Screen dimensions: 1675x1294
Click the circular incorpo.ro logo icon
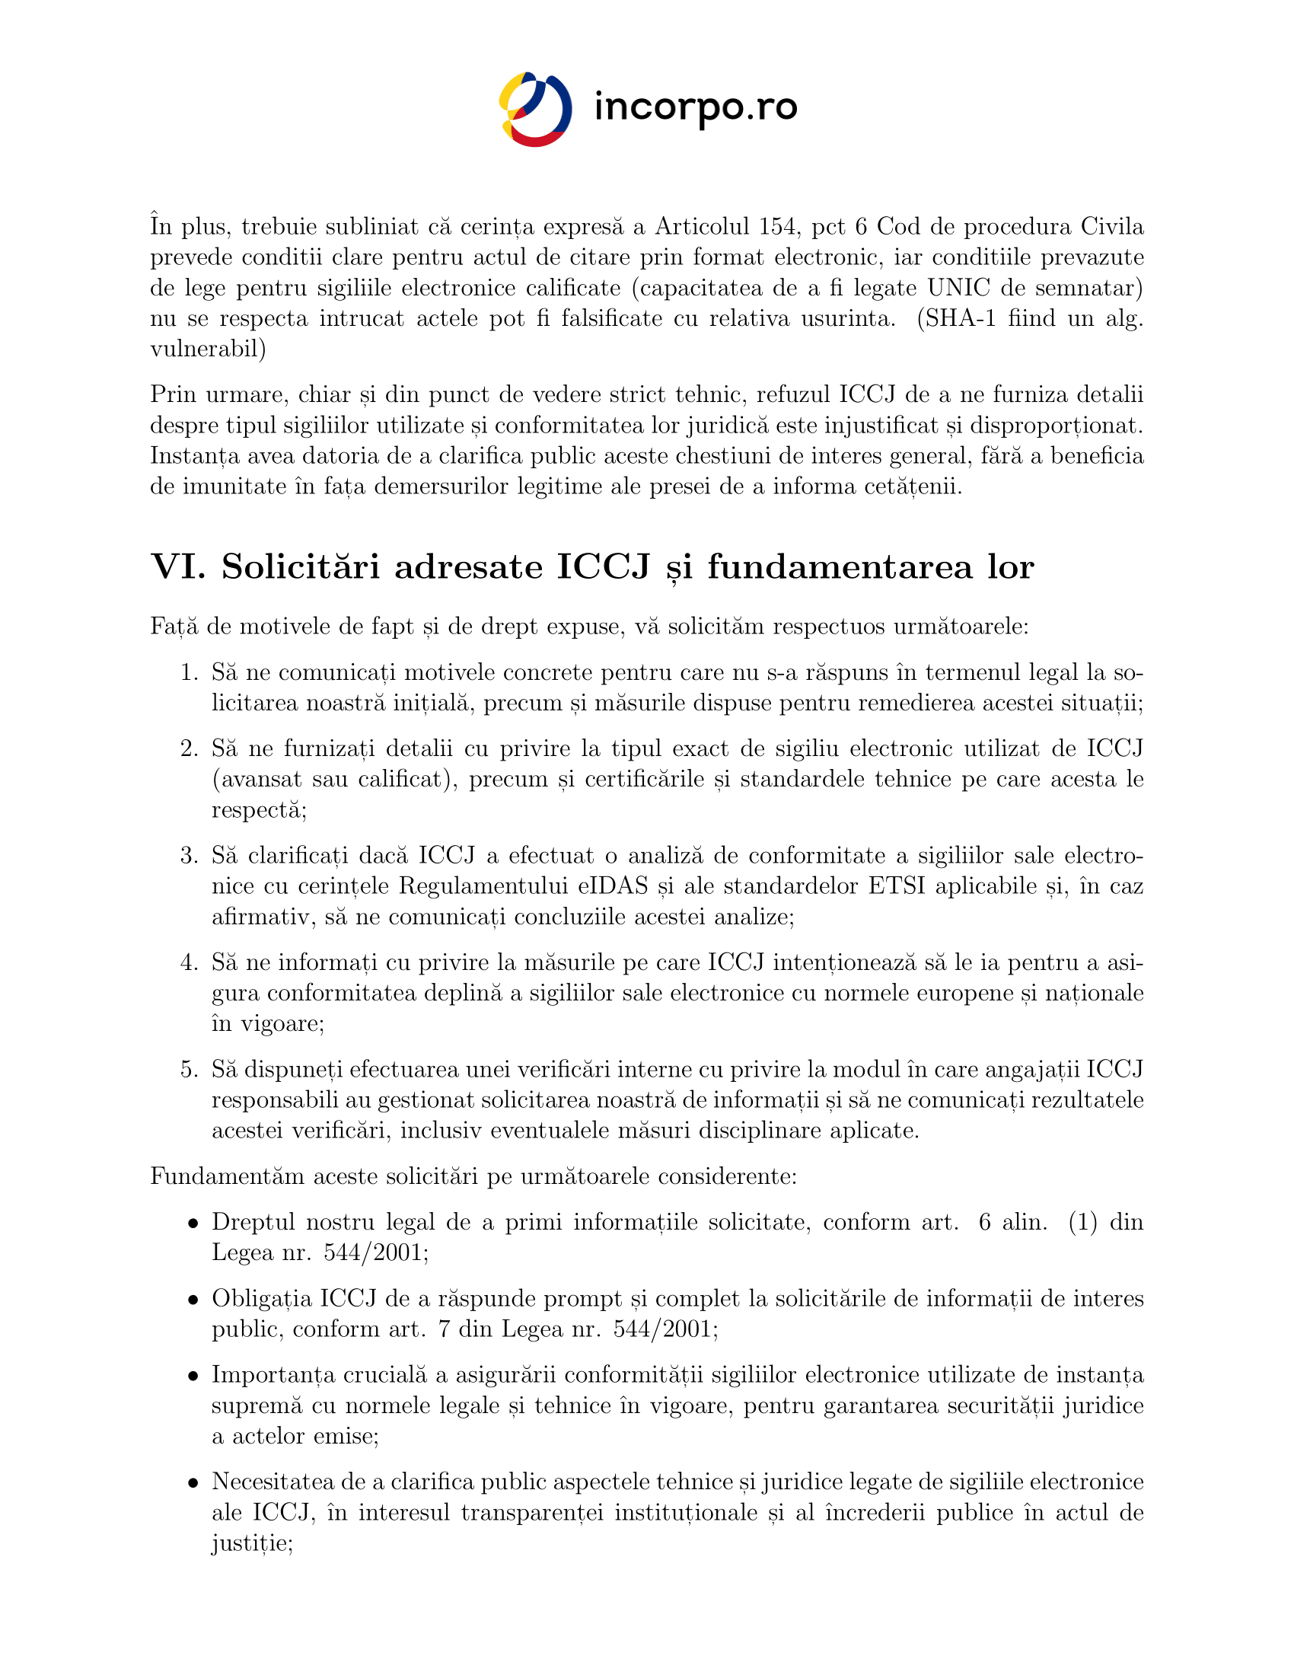535,109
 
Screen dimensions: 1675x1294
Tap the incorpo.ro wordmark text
695,107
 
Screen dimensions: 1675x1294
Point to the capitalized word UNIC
958,288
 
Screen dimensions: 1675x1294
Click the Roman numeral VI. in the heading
178,566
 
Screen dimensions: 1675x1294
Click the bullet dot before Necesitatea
194,1483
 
